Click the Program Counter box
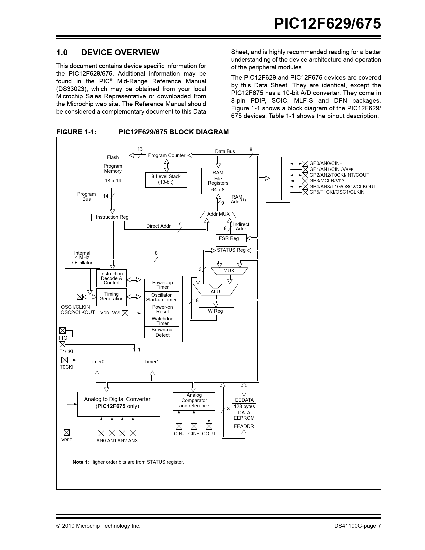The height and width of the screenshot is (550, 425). click(x=166, y=155)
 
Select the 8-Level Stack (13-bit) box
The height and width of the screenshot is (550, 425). click(x=166, y=180)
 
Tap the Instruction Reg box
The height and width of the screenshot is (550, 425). click(x=112, y=217)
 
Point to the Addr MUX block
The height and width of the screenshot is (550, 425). click(x=218, y=214)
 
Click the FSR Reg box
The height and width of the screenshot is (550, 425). click(x=231, y=238)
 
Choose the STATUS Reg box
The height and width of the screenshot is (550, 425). click(x=231, y=250)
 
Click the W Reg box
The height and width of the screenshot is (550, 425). click(x=216, y=311)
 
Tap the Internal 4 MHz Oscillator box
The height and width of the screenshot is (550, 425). click(x=82, y=258)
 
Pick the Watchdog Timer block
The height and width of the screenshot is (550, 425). click(x=162, y=321)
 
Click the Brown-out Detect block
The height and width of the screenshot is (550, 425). click(x=162, y=332)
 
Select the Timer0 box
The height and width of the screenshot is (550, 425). click(x=97, y=361)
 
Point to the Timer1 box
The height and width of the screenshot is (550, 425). click(x=152, y=361)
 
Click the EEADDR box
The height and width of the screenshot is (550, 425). click(x=244, y=426)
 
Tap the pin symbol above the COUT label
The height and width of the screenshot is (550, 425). click(x=209, y=426)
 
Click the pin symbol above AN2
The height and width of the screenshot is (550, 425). click(x=122, y=433)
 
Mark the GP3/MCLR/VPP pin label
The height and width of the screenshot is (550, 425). click(x=327, y=181)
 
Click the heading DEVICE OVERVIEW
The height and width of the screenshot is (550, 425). click(x=120, y=53)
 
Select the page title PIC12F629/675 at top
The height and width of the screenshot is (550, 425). click(x=327, y=24)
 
